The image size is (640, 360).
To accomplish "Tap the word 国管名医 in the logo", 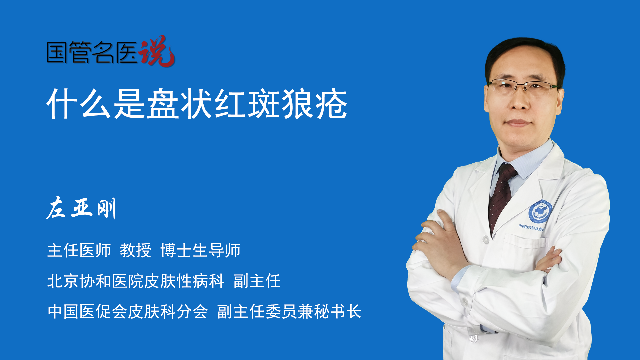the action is click(x=92, y=52).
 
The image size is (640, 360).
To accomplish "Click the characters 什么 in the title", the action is click(x=79, y=104).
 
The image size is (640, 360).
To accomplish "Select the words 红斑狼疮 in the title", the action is click(x=281, y=104).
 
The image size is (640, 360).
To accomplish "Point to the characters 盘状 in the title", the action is click(x=180, y=104).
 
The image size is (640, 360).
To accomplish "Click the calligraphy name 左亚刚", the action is click(x=81, y=208).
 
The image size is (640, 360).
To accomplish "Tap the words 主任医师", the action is click(x=79, y=250).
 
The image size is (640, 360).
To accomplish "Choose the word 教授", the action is click(x=136, y=250).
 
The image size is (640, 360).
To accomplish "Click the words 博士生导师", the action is click(x=200, y=250).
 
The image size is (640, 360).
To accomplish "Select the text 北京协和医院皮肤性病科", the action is click(x=136, y=281).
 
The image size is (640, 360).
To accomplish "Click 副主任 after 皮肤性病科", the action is click(x=257, y=281).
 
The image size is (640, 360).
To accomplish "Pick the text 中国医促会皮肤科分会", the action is click(x=128, y=312).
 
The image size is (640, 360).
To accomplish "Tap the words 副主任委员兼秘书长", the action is click(x=289, y=312).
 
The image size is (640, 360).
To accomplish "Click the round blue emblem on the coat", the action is click(x=540, y=212).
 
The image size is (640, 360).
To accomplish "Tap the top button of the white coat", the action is click(x=486, y=239).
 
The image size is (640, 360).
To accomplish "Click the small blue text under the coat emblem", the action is click(x=532, y=228).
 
